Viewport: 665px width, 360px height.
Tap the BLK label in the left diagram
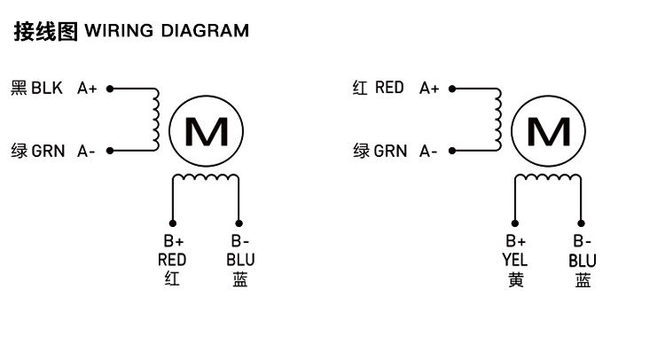(x=48, y=88)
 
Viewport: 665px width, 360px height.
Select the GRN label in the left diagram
(x=48, y=151)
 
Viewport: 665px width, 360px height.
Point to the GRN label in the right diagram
(x=390, y=151)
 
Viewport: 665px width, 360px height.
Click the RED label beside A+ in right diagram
(x=389, y=88)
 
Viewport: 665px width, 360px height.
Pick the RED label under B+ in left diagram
(x=172, y=260)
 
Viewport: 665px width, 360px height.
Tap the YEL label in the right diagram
(x=515, y=260)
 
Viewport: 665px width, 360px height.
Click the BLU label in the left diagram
(x=240, y=260)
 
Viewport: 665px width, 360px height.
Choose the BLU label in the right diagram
(x=583, y=260)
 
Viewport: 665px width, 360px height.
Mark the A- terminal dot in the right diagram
(x=451, y=152)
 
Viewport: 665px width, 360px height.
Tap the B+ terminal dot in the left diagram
(x=173, y=223)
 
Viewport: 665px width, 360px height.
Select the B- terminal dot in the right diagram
(x=582, y=223)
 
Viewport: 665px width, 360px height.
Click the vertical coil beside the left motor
(x=156, y=120)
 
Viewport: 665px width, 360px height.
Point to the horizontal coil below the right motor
(x=548, y=179)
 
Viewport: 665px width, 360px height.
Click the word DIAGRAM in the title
(x=204, y=31)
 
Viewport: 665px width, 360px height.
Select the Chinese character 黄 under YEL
(x=515, y=280)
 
